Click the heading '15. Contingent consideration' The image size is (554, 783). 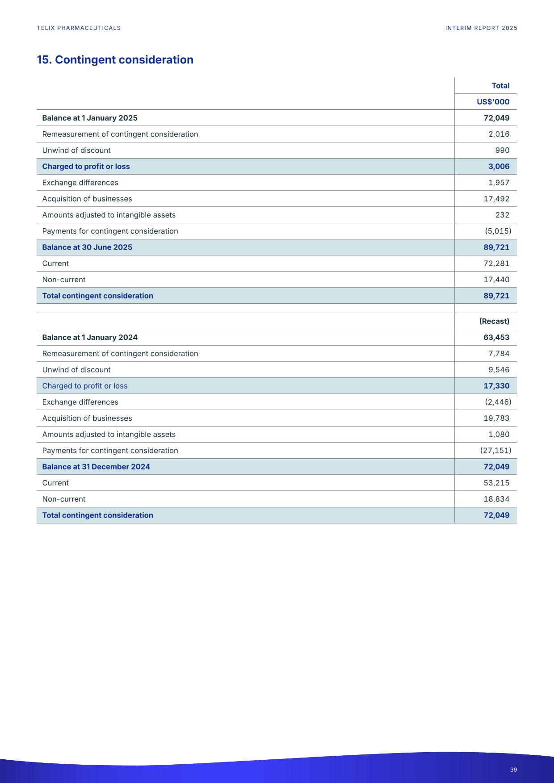pos(115,60)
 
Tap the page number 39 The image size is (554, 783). pos(513,770)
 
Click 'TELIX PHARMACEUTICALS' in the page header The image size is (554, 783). pos(79,28)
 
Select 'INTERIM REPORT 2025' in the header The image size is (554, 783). pos(481,28)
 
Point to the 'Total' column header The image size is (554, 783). pos(500,86)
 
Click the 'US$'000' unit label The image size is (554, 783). pos(493,102)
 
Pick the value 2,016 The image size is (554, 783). pos(499,134)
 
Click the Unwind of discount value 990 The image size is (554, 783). pos(502,151)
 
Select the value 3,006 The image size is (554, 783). pos(499,167)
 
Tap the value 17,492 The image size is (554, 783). pos(496,199)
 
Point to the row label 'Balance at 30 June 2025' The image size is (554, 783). pos(87,247)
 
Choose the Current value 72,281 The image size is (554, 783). pos(496,264)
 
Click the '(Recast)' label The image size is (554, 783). pos(494,321)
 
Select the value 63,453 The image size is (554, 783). pos(496,338)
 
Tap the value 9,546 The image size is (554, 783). pos(499,370)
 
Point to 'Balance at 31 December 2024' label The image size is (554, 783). pos(96,467)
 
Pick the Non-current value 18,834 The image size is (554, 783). pos(496,499)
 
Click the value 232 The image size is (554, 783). pos(502,215)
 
